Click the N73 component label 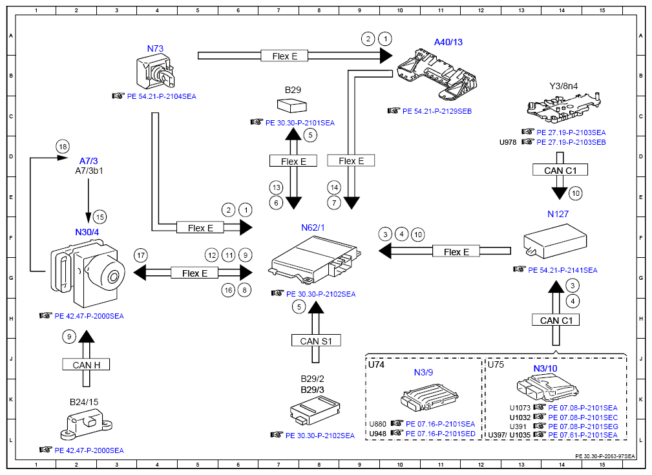point(155,48)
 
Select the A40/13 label point(448,42)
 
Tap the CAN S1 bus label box point(316,341)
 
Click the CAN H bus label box point(86,364)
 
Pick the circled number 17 point(140,255)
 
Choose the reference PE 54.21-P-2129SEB point(437,111)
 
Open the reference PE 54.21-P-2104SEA point(161,96)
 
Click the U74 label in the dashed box point(376,364)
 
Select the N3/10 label point(545,368)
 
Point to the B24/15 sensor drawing point(85,425)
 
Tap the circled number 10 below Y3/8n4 point(576,193)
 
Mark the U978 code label point(508,142)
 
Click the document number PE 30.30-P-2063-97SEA point(605,456)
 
